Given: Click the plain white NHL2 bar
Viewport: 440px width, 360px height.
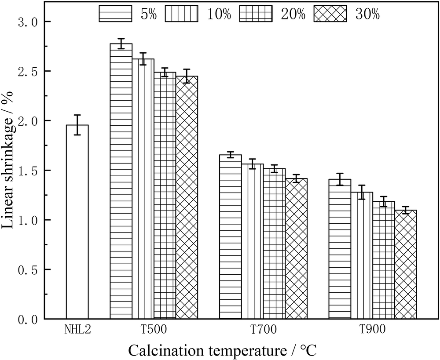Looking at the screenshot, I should tap(77, 222).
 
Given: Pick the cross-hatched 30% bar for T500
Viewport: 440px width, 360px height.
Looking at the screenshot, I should tap(187, 197).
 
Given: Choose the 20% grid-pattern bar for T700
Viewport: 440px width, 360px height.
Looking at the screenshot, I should tap(274, 244).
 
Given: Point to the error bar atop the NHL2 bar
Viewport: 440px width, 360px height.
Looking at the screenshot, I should tap(77, 125).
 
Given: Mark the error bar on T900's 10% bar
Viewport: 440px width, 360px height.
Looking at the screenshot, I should tap(362, 192).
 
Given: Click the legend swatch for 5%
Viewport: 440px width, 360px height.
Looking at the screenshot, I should tap(115, 14).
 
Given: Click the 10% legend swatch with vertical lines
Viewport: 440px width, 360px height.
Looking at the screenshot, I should tap(182, 14).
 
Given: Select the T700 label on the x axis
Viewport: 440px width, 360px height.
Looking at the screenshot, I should tap(263, 329).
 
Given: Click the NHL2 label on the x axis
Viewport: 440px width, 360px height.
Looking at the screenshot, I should tap(77, 329).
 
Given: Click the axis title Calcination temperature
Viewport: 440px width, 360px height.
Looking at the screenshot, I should tap(222, 350).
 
